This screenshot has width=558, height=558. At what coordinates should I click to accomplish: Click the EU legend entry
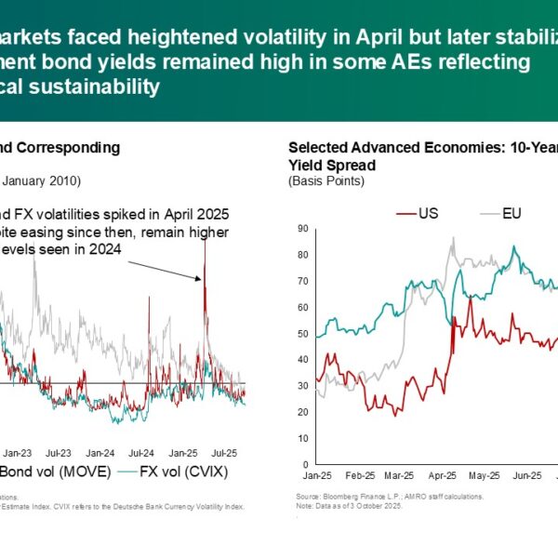(x=511, y=212)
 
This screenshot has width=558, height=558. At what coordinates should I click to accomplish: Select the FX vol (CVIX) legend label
(x=186, y=472)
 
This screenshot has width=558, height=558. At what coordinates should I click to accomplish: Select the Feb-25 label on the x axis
(x=360, y=475)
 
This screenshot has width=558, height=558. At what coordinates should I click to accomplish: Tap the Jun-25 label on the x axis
(x=527, y=475)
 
